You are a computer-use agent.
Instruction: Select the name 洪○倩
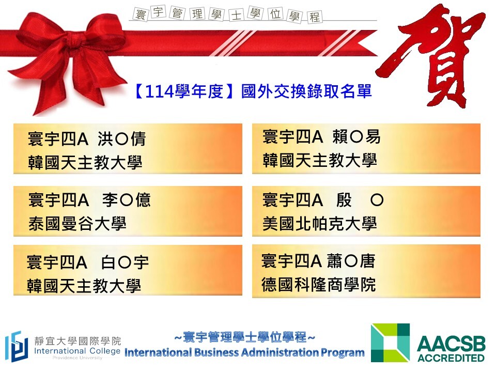pyautogui.click(x=122, y=139)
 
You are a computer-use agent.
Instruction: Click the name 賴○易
pyautogui.click(x=357, y=137)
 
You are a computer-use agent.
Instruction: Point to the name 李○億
pyautogui.click(x=127, y=200)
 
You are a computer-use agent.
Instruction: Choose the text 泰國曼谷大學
pyautogui.click(x=78, y=224)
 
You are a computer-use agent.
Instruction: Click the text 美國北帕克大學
pyautogui.click(x=319, y=224)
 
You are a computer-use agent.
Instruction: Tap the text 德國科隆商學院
pyautogui.click(x=319, y=285)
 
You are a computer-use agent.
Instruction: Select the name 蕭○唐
pyautogui.click(x=351, y=261)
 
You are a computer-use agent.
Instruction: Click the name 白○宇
pyautogui.click(x=125, y=262)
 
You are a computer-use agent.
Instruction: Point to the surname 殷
pyautogui.click(x=344, y=200)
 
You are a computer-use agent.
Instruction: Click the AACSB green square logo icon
pyautogui.click(x=391, y=343)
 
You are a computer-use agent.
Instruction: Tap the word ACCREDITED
pyautogui.click(x=451, y=358)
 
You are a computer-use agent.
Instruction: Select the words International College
pyautogui.click(x=77, y=351)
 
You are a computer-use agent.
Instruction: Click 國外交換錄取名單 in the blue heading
pyautogui.click(x=306, y=92)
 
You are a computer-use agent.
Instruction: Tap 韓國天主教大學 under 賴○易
pyautogui.click(x=319, y=160)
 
